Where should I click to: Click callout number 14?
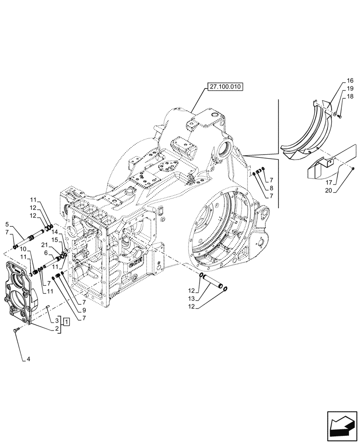click(x=55, y=232)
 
